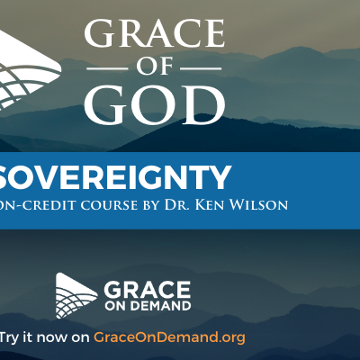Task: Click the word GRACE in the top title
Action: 155,33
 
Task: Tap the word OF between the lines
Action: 155,67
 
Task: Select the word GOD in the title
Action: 155,104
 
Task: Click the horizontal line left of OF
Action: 107,68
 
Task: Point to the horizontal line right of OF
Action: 201,68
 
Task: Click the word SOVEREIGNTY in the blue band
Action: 115,177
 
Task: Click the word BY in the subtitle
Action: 151,205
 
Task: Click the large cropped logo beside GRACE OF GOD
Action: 30,70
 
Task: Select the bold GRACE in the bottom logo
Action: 148,290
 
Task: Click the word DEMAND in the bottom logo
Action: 160,306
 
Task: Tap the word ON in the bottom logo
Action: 116,306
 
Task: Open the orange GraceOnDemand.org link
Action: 169,337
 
